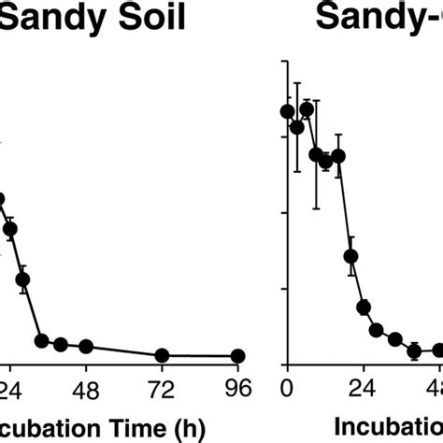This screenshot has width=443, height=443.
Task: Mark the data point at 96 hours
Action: point(237,356)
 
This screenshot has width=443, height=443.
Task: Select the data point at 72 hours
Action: point(162,356)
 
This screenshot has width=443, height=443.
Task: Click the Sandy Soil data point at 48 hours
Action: point(86,347)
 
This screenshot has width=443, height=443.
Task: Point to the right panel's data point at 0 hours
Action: point(288,112)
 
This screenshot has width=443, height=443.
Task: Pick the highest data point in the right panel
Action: point(306,109)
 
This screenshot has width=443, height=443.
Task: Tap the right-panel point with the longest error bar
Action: point(316,154)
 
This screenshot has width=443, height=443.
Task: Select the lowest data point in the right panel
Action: point(414,351)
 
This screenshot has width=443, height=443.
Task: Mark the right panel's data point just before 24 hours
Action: point(351,256)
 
